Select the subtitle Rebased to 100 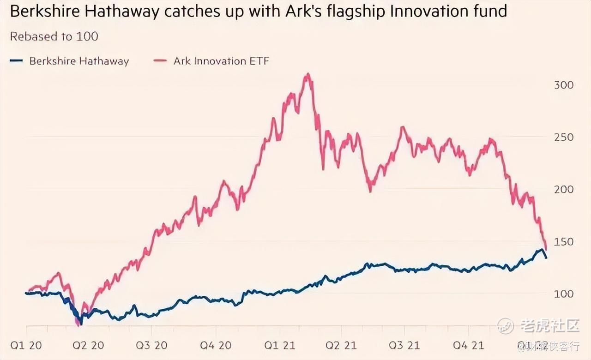54,36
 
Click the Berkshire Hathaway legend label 79,61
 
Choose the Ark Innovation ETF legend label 221,61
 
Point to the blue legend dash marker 16,61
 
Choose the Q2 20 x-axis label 88,345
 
